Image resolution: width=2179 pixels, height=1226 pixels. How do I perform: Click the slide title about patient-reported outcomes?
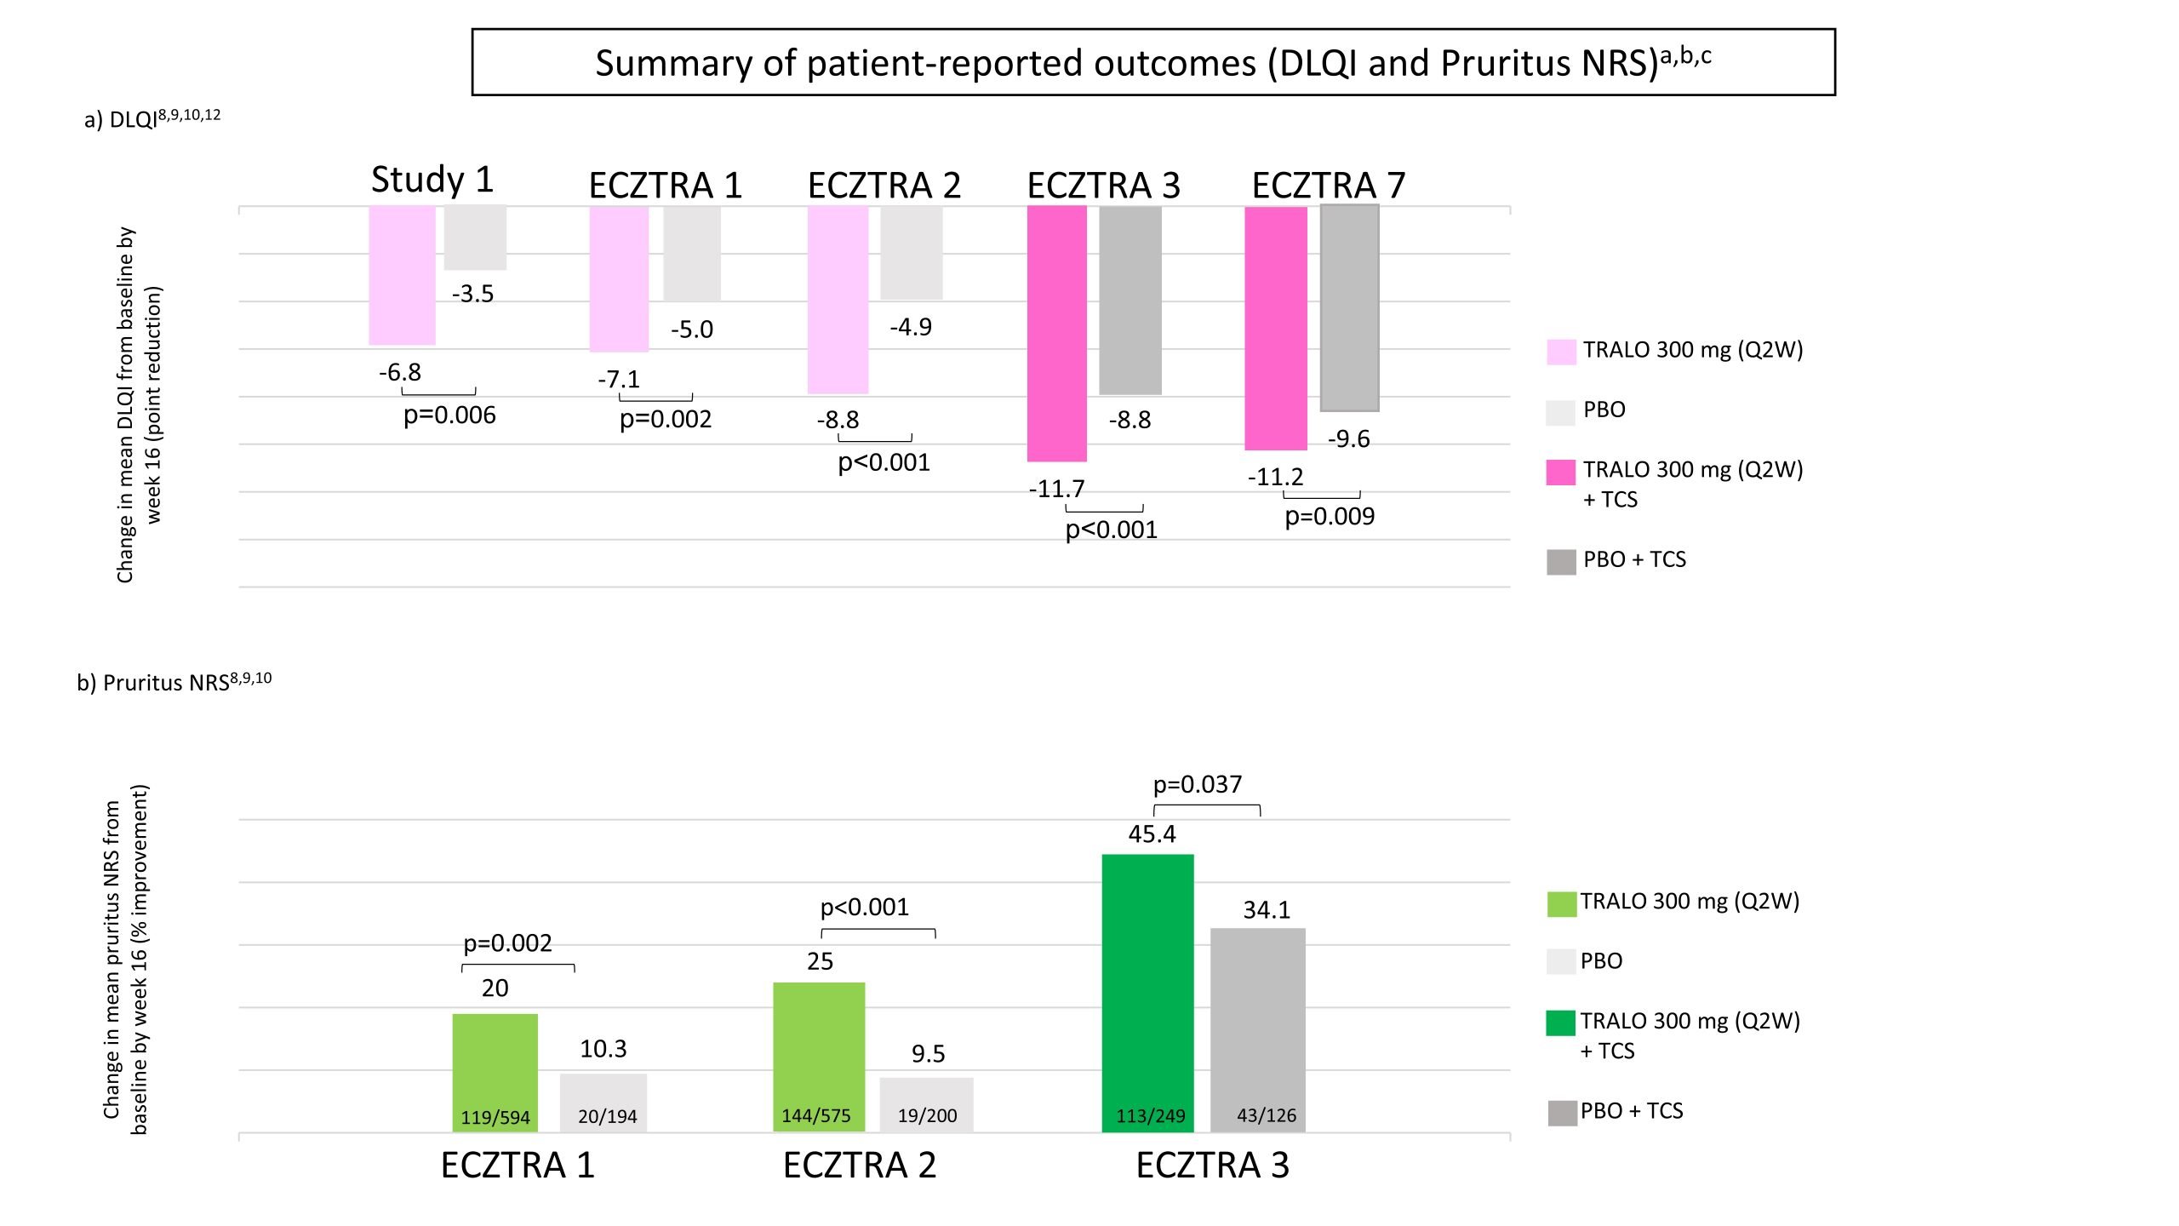coord(1152,63)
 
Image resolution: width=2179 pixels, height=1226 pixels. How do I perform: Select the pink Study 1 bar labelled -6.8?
coord(402,275)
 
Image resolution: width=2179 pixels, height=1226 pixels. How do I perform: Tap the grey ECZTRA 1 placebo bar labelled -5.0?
coord(692,254)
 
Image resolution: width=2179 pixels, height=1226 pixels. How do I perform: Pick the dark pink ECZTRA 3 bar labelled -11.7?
coord(1056,334)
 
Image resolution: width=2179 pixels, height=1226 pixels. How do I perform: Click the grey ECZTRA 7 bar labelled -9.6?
coord(1349,308)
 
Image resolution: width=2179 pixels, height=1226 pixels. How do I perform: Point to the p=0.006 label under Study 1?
coord(449,415)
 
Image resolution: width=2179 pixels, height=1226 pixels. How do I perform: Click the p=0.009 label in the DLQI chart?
coord(1330,517)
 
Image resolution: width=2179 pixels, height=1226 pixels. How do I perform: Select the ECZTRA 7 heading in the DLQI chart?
coord(1328,186)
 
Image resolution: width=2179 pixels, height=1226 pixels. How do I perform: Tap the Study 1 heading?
coord(432,180)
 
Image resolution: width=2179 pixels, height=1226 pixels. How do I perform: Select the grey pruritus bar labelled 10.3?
coord(603,1102)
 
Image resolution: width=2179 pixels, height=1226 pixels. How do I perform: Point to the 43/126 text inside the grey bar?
coord(1267,1115)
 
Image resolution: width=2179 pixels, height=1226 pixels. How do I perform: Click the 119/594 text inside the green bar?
coord(495,1117)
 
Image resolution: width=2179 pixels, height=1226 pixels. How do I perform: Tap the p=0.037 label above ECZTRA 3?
coord(1198,784)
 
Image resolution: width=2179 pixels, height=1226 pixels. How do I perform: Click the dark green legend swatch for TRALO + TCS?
coord(1561,1023)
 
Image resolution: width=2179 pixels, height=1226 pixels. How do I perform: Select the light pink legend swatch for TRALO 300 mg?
coord(1561,352)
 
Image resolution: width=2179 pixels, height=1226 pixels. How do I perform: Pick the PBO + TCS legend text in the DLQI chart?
coord(1634,559)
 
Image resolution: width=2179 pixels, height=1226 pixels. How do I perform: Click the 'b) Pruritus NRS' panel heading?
coord(174,683)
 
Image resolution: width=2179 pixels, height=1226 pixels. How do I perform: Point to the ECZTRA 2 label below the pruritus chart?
coord(860,1166)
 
